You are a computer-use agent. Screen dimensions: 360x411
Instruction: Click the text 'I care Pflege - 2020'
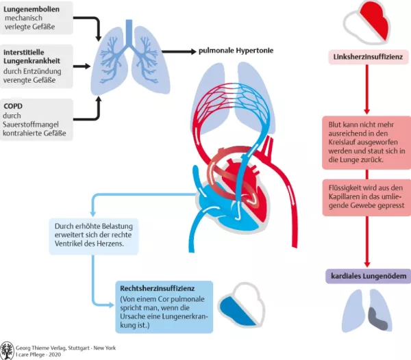45,353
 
